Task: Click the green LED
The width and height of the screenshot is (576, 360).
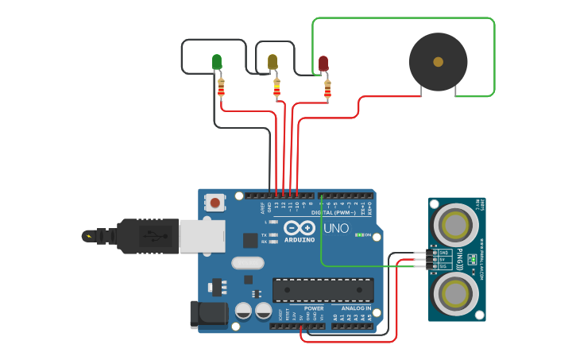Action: [217, 62]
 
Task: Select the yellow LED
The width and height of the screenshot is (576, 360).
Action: [273, 62]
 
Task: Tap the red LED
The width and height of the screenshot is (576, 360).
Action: [323, 63]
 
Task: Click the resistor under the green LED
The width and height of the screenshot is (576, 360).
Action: [221, 87]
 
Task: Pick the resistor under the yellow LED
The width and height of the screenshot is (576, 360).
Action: [276, 87]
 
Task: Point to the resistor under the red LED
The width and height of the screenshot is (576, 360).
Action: [327, 87]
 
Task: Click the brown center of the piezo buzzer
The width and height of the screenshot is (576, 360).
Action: [438, 61]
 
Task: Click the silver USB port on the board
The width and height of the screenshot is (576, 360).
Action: [202, 236]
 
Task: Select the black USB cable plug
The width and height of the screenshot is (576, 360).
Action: [143, 236]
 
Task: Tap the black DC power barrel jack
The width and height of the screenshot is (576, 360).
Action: [208, 314]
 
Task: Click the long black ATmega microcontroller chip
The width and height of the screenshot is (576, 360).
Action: [323, 290]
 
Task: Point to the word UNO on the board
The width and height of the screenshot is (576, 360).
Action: [336, 229]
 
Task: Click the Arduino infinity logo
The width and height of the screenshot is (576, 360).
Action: [300, 228]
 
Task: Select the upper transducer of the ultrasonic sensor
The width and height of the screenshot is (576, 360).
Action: [456, 225]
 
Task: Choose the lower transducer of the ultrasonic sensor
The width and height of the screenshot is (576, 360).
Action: [456, 292]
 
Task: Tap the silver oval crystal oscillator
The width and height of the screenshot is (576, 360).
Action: [246, 263]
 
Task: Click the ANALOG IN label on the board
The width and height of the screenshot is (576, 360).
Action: [355, 308]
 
